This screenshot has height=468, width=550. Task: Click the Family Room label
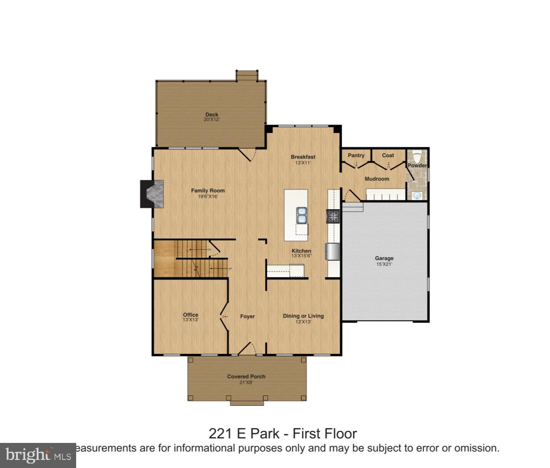click(208, 191)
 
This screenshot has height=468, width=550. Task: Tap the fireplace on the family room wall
click(152, 194)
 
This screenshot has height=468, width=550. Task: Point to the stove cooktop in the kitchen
click(333, 216)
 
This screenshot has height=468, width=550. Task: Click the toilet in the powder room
click(417, 157)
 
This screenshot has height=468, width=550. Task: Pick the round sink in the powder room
click(417, 195)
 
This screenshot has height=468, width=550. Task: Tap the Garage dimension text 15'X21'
click(384, 264)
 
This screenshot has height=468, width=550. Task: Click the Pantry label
click(356, 155)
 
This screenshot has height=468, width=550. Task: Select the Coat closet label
click(388, 155)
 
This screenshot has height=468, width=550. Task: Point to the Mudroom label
click(377, 179)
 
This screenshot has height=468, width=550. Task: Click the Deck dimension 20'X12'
click(211, 120)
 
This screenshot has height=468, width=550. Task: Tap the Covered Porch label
click(246, 377)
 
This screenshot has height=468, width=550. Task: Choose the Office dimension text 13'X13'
click(190, 320)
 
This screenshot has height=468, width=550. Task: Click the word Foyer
click(247, 317)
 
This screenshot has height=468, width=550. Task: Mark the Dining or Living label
click(303, 316)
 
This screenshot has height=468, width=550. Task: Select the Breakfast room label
click(303, 157)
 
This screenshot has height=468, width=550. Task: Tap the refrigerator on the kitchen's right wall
click(333, 251)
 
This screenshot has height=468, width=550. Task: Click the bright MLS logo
click(38, 455)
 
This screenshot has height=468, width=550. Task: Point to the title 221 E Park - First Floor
click(283, 434)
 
